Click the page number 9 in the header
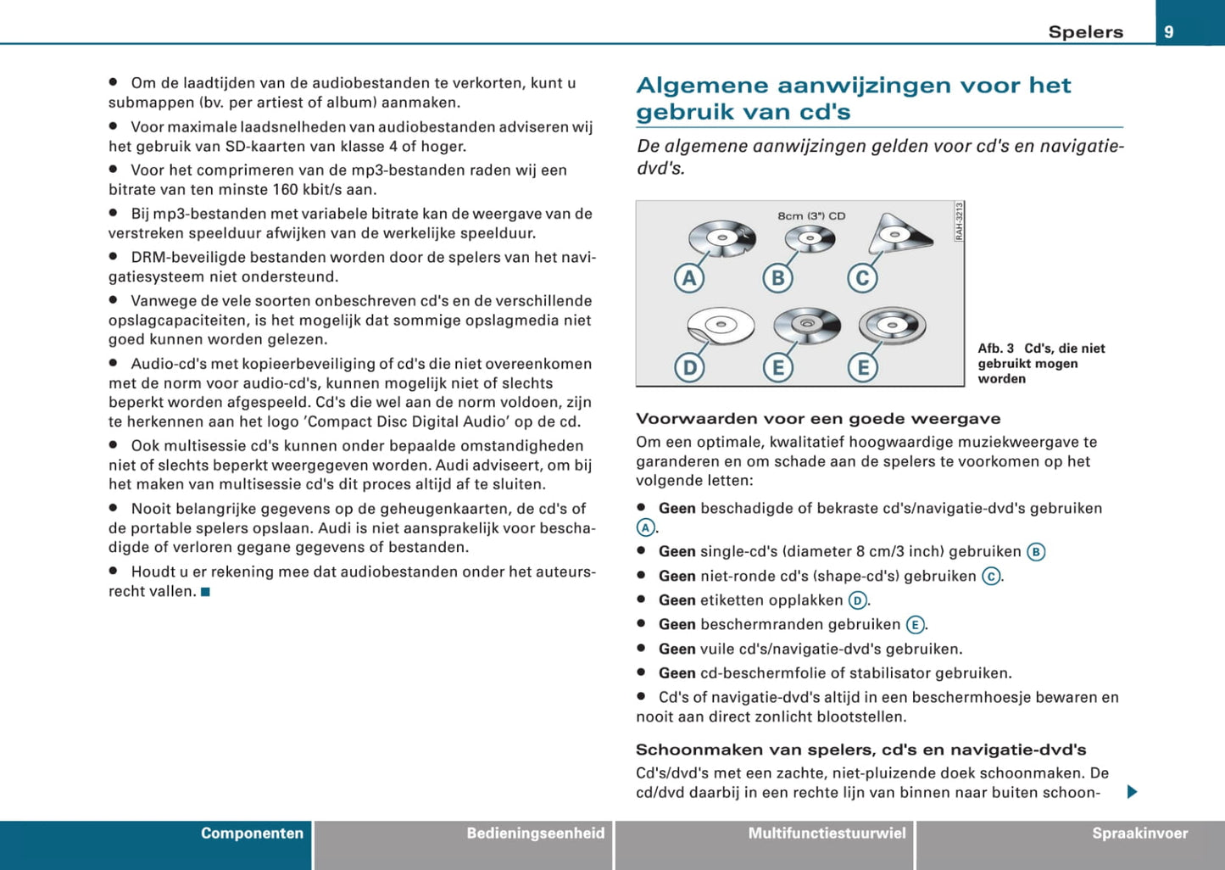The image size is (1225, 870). tap(1169, 32)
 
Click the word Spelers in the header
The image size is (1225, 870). tap(1085, 32)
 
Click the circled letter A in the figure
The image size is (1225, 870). tap(689, 278)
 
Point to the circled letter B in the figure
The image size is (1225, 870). tap(777, 278)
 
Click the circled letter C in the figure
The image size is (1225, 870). tap(862, 278)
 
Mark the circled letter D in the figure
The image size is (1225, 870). tap(689, 367)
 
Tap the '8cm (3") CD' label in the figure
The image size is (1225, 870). tap(811, 216)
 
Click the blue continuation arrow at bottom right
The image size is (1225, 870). tap(1132, 792)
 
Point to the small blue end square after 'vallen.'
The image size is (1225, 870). tap(205, 592)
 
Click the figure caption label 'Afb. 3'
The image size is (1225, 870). tap(995, 349)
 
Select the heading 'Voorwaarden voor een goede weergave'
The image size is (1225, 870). tap(818, 419)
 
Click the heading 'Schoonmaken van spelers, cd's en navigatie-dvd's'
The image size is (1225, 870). tap(860, 750)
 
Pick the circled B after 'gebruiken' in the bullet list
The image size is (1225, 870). tap(1035, 552)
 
